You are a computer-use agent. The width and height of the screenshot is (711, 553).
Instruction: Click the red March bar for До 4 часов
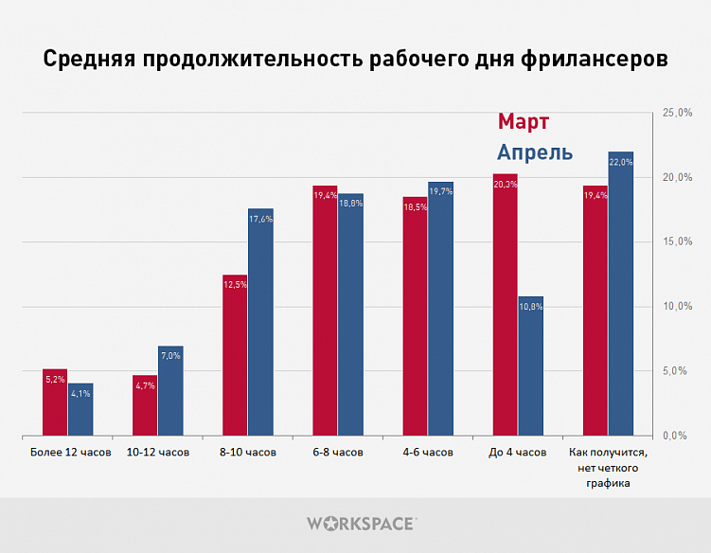[x=505, y=305]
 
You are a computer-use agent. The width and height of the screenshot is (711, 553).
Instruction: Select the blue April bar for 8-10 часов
[x=260, y=322]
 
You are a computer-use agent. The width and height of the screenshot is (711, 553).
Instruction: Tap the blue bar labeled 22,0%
[x=620, y=294]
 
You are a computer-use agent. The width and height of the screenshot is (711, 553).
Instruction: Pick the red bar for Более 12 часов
[x=55, y=402]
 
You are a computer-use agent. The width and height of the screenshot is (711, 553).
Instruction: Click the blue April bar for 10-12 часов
[x=170, y=391]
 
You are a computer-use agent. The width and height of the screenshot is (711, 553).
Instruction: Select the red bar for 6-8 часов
[x=325, y=311]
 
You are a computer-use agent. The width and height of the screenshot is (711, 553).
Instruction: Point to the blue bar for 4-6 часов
[x=440, y=309]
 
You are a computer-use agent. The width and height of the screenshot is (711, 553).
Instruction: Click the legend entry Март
[x=524, y=122]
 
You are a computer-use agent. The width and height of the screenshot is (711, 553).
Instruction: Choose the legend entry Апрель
[x=535, y=152]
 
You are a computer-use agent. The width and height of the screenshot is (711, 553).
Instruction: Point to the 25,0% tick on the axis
[x=679, y=113]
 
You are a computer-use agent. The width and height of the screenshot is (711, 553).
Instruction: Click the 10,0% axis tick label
[x=679, y=307]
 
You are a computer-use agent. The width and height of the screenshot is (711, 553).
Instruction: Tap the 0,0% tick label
[x=681, y=436]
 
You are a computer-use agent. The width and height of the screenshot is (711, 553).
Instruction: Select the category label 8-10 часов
[x=247, y=453]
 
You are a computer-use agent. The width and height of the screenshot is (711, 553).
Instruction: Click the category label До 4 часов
[x=517, y=453]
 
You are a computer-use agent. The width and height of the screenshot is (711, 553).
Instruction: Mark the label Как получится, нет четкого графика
[x=607, y=468]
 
